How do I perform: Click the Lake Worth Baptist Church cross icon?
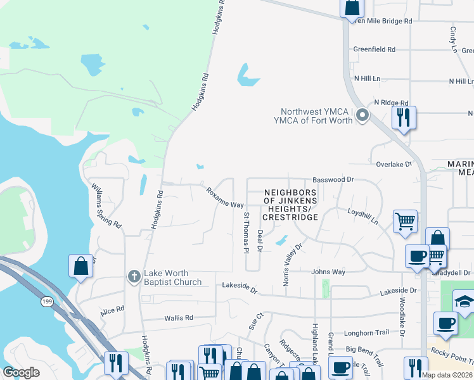134,277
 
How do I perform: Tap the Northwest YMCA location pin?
362,115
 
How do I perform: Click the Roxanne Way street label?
224,198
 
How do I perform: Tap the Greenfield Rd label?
374,49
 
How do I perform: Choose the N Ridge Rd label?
391,102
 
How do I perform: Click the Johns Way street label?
328,272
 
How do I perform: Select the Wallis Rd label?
178,318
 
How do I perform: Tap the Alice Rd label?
112,312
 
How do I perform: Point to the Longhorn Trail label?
366,333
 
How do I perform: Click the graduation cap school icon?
464,301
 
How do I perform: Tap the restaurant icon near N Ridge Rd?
403,117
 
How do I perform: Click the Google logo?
21,372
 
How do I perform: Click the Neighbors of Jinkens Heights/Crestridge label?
290,205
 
